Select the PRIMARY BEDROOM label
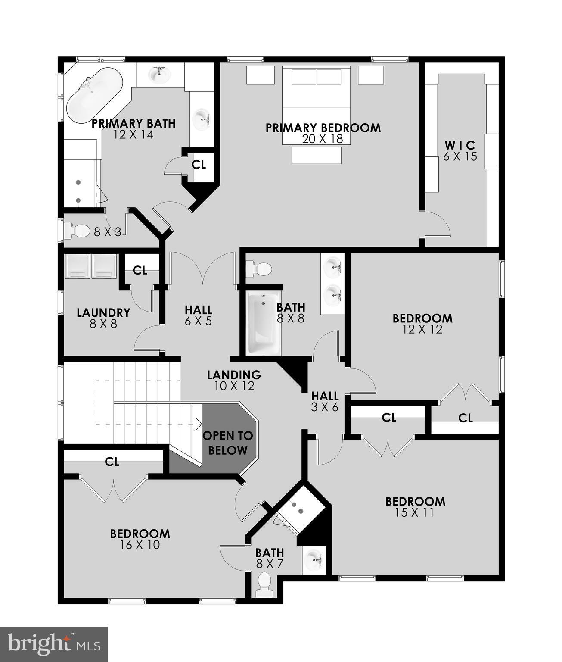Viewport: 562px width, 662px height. pyautogui.click(x=323, y=128)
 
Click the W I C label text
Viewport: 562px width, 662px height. pyautogui.click(x=460, y=145)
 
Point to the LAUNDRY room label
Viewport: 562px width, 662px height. pyautogui.click(x=103, y=312)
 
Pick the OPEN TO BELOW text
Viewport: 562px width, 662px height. pyautogui.click(x=228, y=443)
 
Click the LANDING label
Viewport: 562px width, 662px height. pyautogui.click(x=234, y=375)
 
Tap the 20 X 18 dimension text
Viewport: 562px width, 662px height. pyautogui.click(x=323, y=139)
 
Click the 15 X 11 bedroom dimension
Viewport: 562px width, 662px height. pyautogui.click(x=415, y=512)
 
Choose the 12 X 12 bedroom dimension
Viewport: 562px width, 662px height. pyautogui.click(x=422, y=329)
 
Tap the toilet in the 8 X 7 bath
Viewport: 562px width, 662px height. pyautogui.click(x=264, y=585)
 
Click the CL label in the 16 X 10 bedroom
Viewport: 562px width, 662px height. pyautogui.click(x=112, y=462)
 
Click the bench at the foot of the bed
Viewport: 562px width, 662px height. pyautogui.click(x=316, y=155)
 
